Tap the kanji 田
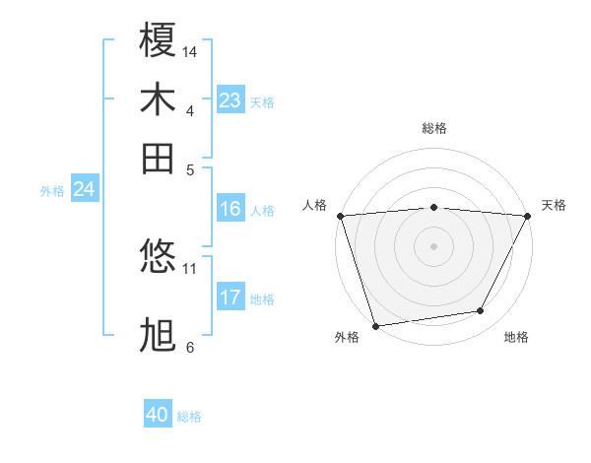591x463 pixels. [159, 158]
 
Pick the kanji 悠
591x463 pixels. [159, 258]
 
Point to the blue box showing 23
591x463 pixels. [230, 100]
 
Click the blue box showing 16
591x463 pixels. [230, 209]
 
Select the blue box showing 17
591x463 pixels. [230, 298]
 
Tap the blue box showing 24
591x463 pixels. [84, 190]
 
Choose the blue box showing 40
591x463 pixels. [158, 416]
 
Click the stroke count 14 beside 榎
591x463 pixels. [191, 51]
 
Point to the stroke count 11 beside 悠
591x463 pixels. [190, 268]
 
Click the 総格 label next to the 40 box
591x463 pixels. [189, 417]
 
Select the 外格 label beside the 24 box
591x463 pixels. [51, 191]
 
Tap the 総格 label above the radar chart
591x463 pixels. [433, 128]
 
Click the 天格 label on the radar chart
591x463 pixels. [554, 205]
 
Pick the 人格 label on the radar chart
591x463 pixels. [315, 205]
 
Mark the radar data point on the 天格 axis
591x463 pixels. [528, 216]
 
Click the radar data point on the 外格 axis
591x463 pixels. [375, 326]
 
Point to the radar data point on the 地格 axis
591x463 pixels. [481, 311]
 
